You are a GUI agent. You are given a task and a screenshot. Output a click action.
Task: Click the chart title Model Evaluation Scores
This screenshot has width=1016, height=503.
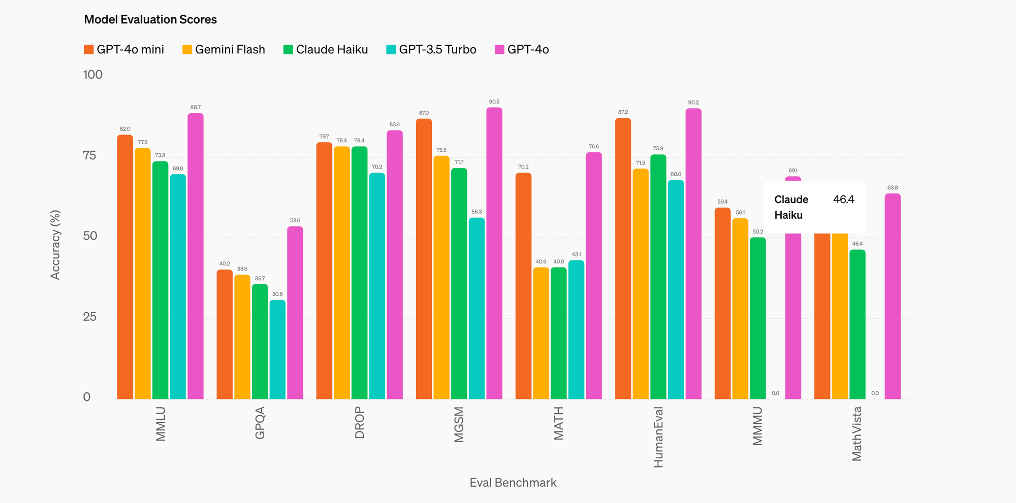pos(150,20)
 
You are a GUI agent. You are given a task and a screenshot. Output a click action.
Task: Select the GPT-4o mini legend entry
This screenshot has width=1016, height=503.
pos(124,50)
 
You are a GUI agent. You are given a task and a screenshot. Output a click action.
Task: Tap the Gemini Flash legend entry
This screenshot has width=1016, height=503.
pos(224,50)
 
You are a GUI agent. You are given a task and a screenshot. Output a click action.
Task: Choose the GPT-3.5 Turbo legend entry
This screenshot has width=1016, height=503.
pos(431,50)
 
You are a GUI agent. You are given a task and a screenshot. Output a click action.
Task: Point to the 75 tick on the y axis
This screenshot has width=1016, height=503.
pos(89,156)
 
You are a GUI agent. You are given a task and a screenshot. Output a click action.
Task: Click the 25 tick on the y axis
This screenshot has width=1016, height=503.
pos(89,317)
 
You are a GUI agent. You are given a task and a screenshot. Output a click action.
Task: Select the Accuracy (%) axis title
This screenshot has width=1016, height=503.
pos(55,245)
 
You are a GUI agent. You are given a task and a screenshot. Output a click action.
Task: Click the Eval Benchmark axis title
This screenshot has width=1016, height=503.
pos(513,483)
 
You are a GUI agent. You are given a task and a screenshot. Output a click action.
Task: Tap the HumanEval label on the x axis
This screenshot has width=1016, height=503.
pos(658,437)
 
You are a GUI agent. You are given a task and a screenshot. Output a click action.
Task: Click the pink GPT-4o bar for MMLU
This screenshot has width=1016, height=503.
pos(196,256)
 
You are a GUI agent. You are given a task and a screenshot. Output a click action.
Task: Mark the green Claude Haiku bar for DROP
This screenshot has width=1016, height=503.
pos(360,273)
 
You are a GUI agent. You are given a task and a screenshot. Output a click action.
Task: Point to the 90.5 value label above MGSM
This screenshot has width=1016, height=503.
pos(494,102)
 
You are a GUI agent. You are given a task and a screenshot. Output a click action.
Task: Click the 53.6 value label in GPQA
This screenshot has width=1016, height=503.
pos(295,221)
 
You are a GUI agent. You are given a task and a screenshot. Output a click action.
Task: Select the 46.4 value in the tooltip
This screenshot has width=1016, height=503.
pos(844,199)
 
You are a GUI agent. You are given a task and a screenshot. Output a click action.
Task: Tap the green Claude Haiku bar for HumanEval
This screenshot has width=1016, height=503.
pos(658,277)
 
